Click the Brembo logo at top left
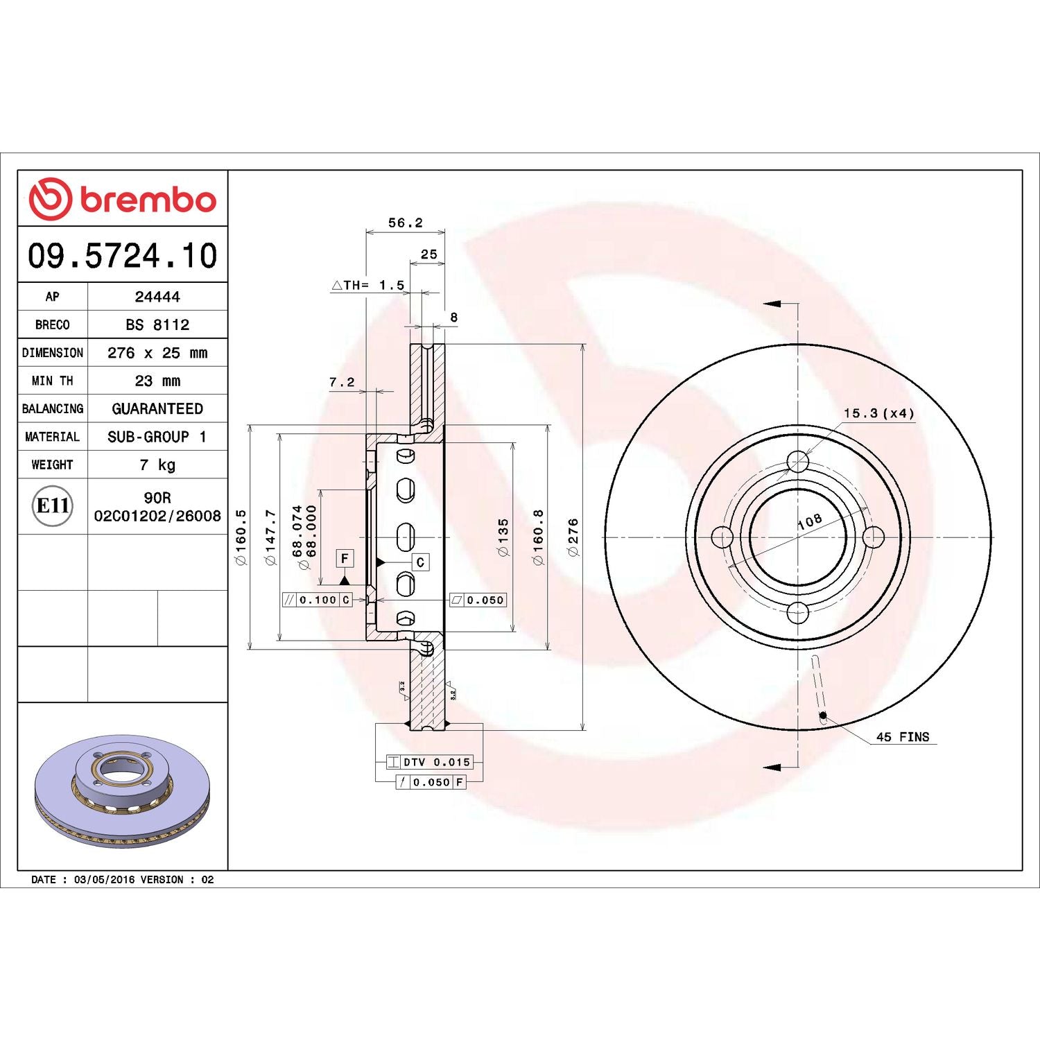pos(123,199)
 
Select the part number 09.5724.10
pos(123,255)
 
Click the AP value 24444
pos(157,297)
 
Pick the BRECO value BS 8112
pos(157,324)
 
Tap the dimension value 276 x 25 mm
pos(157,353)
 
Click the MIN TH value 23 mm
pos(157,381)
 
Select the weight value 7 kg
pos(157,465)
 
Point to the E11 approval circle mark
pos(53,506)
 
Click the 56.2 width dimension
pos(405,223)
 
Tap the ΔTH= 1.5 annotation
pos(368,285)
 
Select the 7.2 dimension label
pos(342,382)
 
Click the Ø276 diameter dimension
pos(573,537)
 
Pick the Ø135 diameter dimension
pos(503,537)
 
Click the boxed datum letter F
pos(345,558)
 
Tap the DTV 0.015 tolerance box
pos(429,762)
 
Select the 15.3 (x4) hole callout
pos(878,413)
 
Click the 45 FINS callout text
pos(902,737)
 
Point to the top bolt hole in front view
pos(798,462)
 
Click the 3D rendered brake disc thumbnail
pos(123,790)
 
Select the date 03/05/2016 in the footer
pos(104,879)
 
